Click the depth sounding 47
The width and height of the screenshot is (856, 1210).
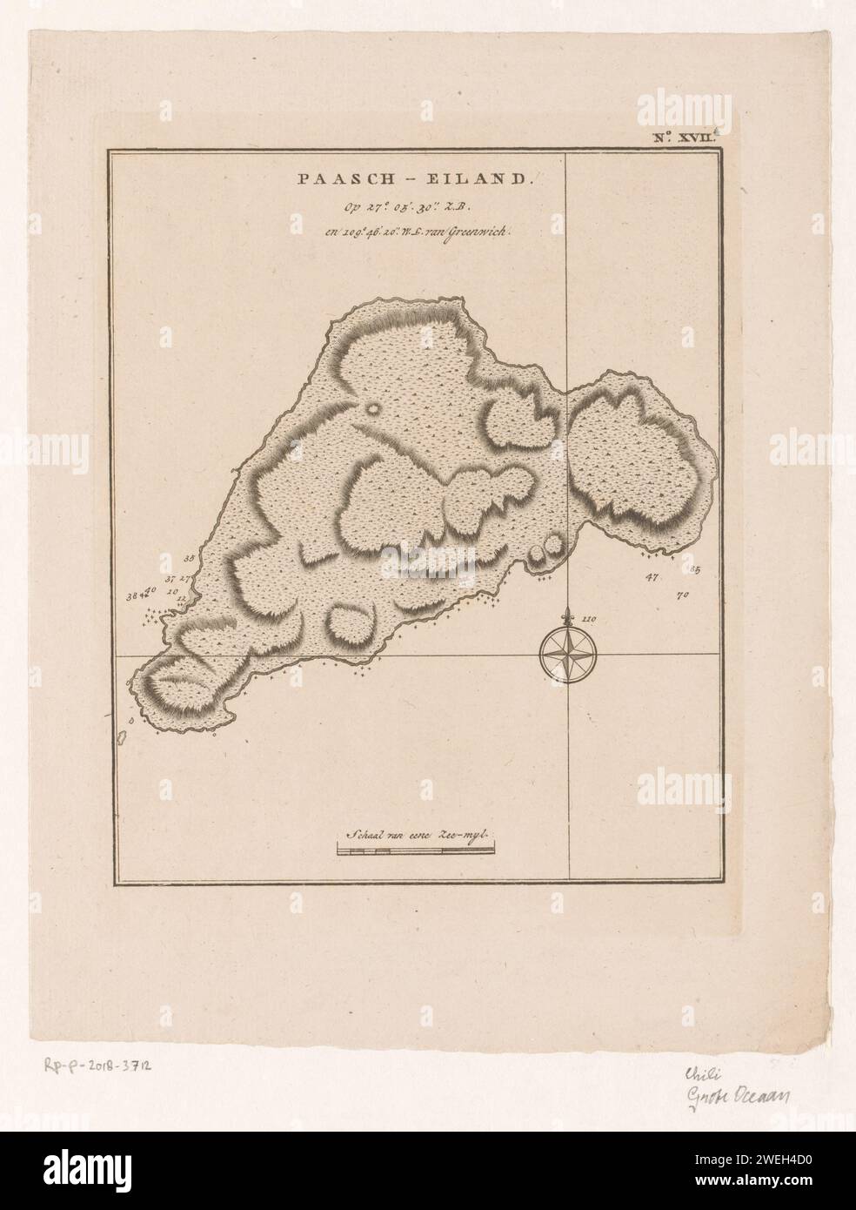tap(652, 576)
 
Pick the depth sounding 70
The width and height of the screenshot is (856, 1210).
tap(682, 595)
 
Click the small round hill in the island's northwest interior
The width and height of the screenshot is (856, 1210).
tap(374, 407)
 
